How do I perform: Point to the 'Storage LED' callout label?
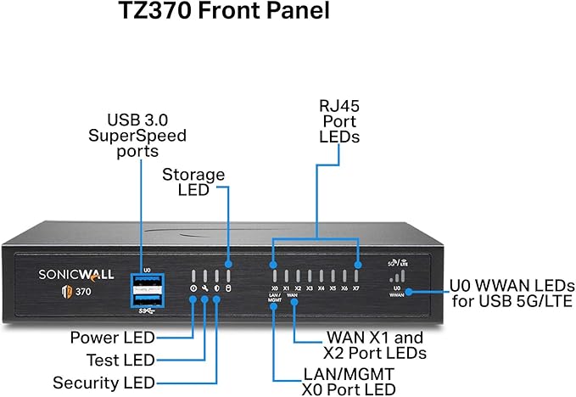pos(193,182)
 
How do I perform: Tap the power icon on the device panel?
pos(193,288)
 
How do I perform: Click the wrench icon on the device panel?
pos(205,288)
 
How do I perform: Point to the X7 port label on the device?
pos(356,288)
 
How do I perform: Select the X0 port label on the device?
pos(274,288)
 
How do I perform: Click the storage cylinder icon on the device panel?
pos(228,288)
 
